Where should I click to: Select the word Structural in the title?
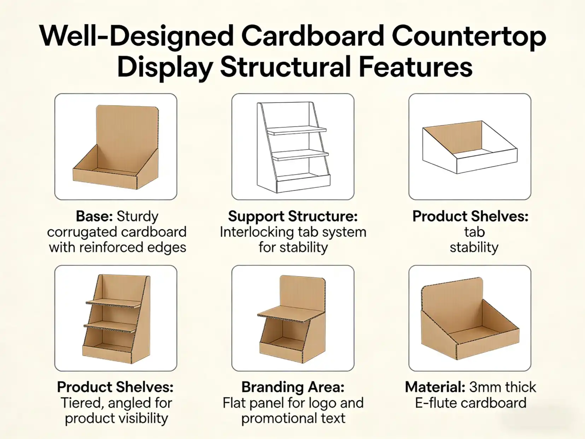tap(285, 68)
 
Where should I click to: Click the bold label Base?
tap(95, 216)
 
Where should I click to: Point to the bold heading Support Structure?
tap(293, 216)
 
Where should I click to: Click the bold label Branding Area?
tap(293, 387)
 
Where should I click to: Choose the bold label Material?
tap(435, 387)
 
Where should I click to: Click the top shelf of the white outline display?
tap(296, 131)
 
